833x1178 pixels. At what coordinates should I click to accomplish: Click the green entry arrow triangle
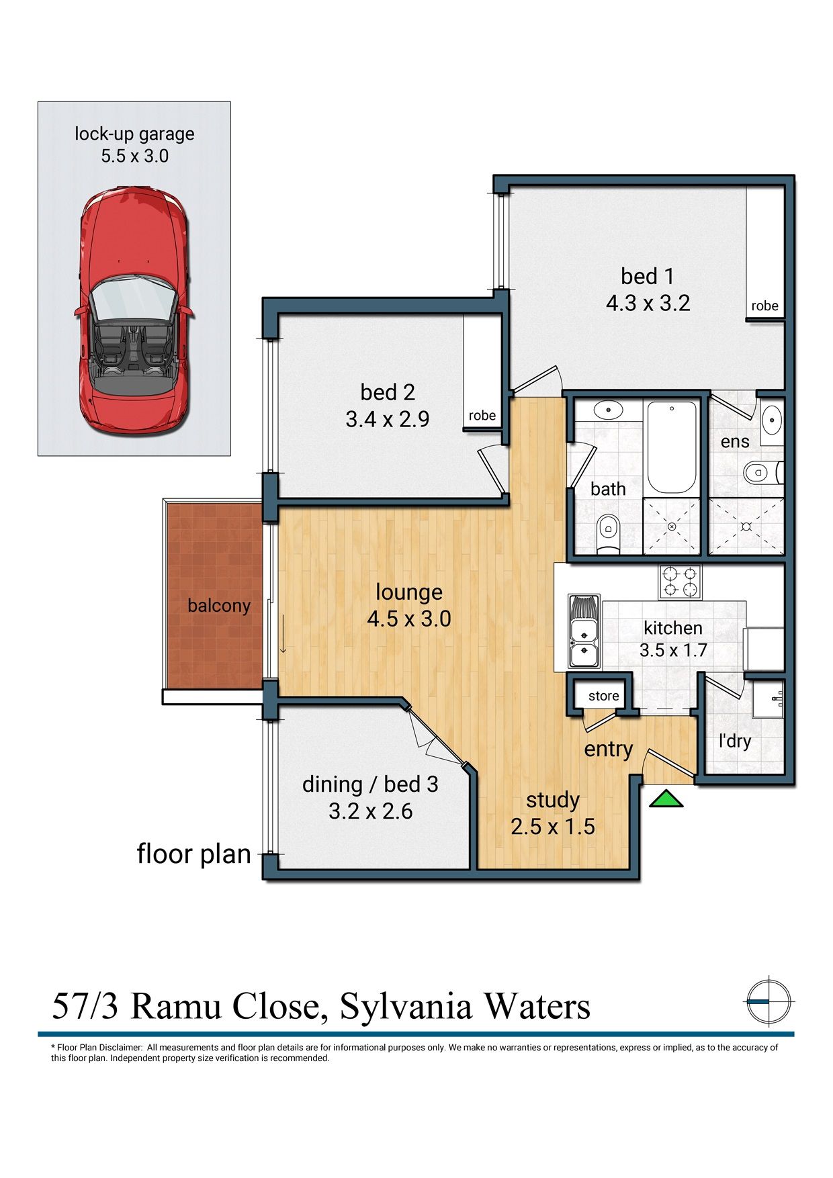(666, 800)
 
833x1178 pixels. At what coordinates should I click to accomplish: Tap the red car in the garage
(134, 312)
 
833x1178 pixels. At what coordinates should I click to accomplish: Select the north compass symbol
(769, 1001)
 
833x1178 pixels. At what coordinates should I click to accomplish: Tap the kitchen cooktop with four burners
(680, 582)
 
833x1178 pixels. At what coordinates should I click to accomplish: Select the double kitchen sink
(584, 631)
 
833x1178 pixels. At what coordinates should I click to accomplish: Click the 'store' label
(603, 696)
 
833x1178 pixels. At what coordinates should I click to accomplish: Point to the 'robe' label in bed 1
(764, 306)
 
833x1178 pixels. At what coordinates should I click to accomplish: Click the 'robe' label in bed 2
(482, 416)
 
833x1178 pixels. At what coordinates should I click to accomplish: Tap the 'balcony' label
(218, 606)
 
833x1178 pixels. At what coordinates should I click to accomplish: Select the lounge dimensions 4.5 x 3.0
(408, 619)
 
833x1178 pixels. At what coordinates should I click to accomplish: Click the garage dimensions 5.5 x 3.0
(134, 156)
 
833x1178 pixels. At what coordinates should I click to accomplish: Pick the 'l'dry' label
(734, 741)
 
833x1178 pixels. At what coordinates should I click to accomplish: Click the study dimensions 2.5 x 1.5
(552, 827)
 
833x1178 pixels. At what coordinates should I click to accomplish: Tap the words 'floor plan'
(193, 854)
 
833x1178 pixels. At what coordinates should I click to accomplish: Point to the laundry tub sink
(769, 700)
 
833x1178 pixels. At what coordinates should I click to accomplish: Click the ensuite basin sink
(773, 420)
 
